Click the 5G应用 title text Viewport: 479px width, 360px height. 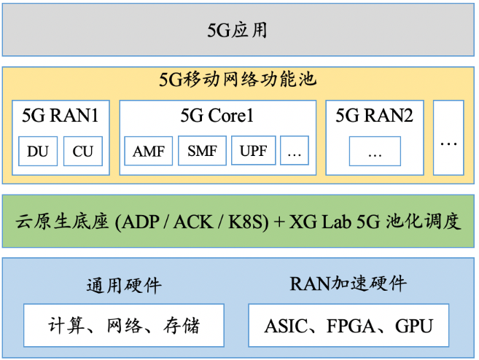click(238, 31)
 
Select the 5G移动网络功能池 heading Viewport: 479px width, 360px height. click(238, 80)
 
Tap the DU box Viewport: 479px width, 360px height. click(37, 152)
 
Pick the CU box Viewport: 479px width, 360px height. click(82, 152)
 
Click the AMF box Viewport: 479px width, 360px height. click(148, 152)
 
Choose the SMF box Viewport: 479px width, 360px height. click(202, 152)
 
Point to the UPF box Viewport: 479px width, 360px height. click(254, 152)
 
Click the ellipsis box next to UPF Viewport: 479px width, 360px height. click(294, 152)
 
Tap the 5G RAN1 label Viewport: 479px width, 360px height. click(61, 116)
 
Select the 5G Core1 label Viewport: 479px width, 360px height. click(217, 116)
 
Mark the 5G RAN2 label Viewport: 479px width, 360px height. click(374, 116)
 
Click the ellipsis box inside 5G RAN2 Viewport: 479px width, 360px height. click(375, 152)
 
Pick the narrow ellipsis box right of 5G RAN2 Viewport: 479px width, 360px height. click(448, 138)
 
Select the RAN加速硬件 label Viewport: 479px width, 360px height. click(348, 283)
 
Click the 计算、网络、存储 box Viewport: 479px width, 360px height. click(124, 325)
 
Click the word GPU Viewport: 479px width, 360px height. click(413, 325)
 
